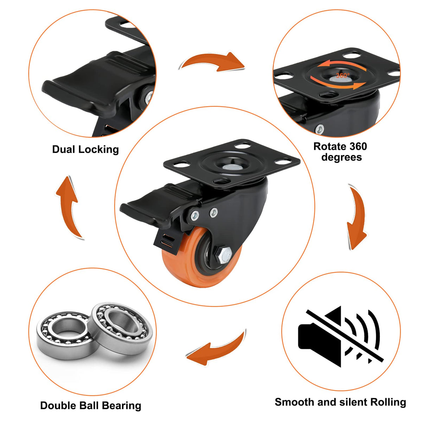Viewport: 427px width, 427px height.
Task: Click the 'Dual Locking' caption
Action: (x=85, y=149)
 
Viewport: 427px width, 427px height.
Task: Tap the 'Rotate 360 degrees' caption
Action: (x=340, y=152)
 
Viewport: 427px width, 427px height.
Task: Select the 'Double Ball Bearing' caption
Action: (x=91, y=406)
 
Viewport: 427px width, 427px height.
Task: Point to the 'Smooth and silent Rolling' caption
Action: (x=340, y=402)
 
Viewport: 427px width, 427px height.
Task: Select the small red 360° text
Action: (x=342, y=76)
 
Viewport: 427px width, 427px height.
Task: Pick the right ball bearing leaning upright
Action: (x=121, y=324)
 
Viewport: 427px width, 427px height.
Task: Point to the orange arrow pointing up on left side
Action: (x=69, y=208)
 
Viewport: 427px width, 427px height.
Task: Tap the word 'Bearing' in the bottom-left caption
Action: (x=122, y=406)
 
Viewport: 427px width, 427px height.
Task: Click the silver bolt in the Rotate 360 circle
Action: (x=319, y=129)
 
